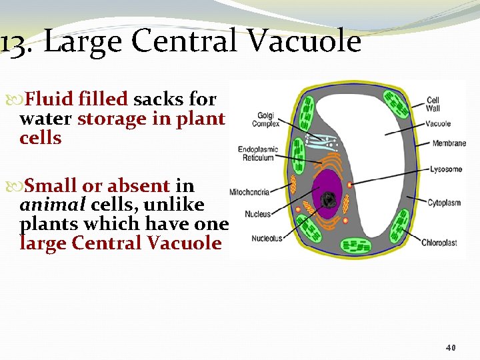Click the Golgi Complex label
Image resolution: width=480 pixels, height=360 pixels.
pos(264,120)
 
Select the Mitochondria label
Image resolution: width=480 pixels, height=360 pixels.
pos(249,192)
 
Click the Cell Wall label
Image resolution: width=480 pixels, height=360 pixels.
pos(433,105)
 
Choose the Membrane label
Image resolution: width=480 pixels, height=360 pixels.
pos(449,143)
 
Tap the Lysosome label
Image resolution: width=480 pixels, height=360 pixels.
pos(446,169)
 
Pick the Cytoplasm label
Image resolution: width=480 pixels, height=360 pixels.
pos(445,202)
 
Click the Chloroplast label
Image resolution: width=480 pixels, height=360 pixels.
pos(439,243)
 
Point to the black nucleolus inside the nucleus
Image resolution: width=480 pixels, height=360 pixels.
pos(329,200)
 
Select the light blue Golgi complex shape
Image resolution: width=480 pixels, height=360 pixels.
pos(318,140)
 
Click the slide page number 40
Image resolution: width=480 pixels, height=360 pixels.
pos(451,348)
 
